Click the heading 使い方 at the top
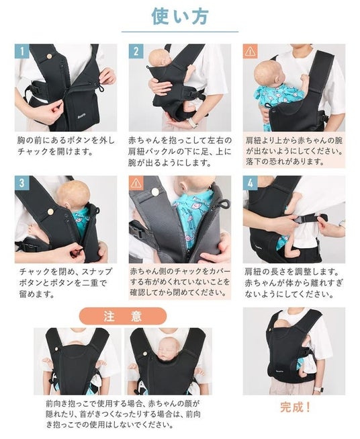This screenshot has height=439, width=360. click(180, 16)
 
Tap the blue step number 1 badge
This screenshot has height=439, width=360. click(22, 51)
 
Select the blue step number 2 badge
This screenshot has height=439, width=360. click(136, 51)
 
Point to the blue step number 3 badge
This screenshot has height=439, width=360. click(22, 183)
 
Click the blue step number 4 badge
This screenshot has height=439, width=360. click(250, 183)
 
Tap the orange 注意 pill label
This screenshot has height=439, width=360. click(123, 316)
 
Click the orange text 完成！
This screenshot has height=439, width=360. click(295, 407)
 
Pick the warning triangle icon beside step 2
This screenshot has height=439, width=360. click(250, 51)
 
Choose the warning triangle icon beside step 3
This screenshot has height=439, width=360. click(136, 183)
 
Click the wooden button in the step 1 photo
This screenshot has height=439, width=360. click(49, 56)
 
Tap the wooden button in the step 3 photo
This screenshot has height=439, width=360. click(50, 211)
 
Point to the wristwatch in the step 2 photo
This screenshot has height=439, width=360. click(193, 122)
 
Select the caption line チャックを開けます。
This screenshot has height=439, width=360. click(55, 152)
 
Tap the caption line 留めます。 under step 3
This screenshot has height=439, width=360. click(37, 294)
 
